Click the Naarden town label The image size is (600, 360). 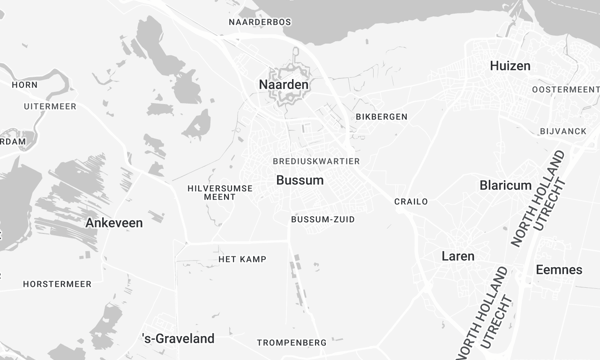coord(284,85)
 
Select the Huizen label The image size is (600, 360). coord(510,66)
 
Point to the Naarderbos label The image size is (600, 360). coord(260,22)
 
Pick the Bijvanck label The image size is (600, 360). coord(563,131)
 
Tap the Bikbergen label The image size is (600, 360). coord(381,117)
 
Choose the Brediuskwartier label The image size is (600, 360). coord(316,161)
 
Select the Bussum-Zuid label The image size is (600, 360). coord(322,219)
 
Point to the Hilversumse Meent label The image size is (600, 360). coord(219,192)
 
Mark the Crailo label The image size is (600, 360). coord(411,201)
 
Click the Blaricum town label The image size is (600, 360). coord(506,185)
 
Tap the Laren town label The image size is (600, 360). coord(458,256)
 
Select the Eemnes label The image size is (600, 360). coord(559,270)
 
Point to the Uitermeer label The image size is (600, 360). coord(49,105)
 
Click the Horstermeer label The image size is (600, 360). coord(57,284)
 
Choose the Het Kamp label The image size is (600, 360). coord(242,260)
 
